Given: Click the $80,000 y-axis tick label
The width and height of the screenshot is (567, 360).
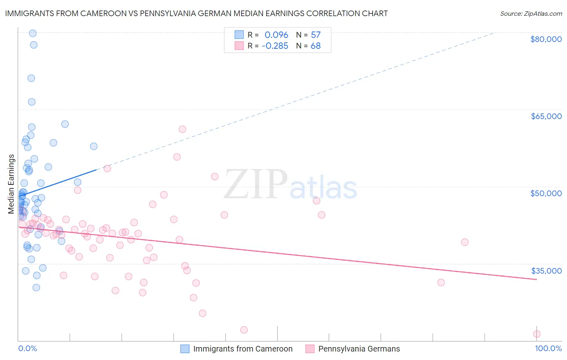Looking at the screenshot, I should click(x=546, y=39).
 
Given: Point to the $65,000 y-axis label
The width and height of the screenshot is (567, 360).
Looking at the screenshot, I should click(x=546, y=116).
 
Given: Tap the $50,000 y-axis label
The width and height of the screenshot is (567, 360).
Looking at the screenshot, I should click(x=546, y=193).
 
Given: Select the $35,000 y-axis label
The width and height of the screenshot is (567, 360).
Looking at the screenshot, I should click(x=546, y=271).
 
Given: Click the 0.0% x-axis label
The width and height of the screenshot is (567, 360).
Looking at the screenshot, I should click(x=27, y=349).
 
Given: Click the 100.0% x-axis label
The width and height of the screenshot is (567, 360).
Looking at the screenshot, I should click(x=548, y=349).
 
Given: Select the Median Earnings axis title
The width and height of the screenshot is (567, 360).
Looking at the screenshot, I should click(x=11, y=184).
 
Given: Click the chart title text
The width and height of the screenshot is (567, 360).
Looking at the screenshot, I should click(x=196, y=13).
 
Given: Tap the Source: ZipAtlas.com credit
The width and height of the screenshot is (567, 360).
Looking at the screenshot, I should click(x=531, y=14).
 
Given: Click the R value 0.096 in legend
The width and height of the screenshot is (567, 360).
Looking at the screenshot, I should click(x=276, y=35).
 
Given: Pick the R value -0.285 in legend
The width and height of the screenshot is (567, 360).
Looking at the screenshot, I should click(x=275, y=46).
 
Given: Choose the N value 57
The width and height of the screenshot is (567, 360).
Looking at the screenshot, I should click(x=315, y=35).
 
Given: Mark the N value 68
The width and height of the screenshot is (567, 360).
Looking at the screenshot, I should click(x=315, y=46).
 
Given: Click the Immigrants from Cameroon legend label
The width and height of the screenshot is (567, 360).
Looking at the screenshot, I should click(x=243, y=349).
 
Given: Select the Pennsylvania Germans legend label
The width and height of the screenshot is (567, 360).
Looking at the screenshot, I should click(x=359, y=349).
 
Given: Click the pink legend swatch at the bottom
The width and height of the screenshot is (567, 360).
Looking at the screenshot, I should click(x=310, y=349).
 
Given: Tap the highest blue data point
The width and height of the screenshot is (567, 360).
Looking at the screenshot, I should click(x=33, y=33).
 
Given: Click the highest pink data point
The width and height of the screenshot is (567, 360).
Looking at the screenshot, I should click(x=182, y=129).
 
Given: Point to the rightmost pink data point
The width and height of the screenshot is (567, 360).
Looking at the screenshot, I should click(x=536, y=334).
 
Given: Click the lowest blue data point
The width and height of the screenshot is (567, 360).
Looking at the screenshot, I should click(x=36, y=287).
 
